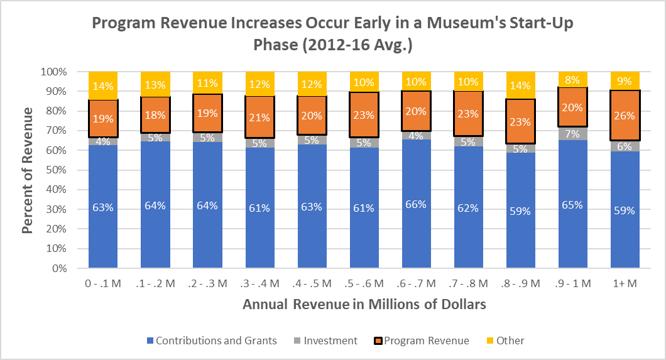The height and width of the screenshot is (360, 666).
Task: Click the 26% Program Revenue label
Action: coord(625,116)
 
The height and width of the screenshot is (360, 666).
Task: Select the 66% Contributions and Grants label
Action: coord(416,204)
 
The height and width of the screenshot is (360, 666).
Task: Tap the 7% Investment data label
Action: coord(573,134)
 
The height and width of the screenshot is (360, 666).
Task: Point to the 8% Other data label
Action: coord(573,80)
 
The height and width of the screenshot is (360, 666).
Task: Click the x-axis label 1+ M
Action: coord(625,283)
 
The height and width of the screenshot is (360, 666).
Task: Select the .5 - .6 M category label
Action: coord(364,283)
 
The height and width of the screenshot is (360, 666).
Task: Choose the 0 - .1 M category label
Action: coord(103,283)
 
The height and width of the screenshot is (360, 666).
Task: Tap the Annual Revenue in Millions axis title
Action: coord(364,305)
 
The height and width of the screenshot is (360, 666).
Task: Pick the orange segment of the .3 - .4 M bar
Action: coord(259,117)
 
